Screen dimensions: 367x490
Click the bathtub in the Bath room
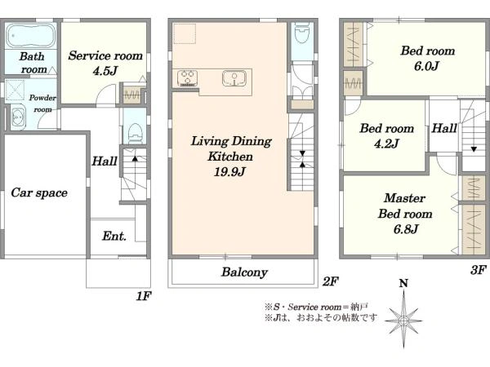pos(30,36)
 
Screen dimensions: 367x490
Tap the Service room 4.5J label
pos(105,64)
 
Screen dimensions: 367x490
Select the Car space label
pos(38,193)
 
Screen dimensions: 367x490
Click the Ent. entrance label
pos(114,237)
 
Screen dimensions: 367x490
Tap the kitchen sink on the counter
pos(234,79)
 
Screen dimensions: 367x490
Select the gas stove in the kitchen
pos(187,79)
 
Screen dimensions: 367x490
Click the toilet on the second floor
pos(301,36)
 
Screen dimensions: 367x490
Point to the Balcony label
pos(244,272)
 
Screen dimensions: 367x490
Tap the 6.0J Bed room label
pos(427,58)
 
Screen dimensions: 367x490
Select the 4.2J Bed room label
pos(386,136)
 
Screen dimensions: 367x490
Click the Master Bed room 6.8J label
pos(398,213)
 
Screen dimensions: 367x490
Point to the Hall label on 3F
pos(444,128)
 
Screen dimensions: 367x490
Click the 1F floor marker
pos(144,297)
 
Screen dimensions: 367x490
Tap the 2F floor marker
pos(329,281)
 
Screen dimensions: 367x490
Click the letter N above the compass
pos(402,284)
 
